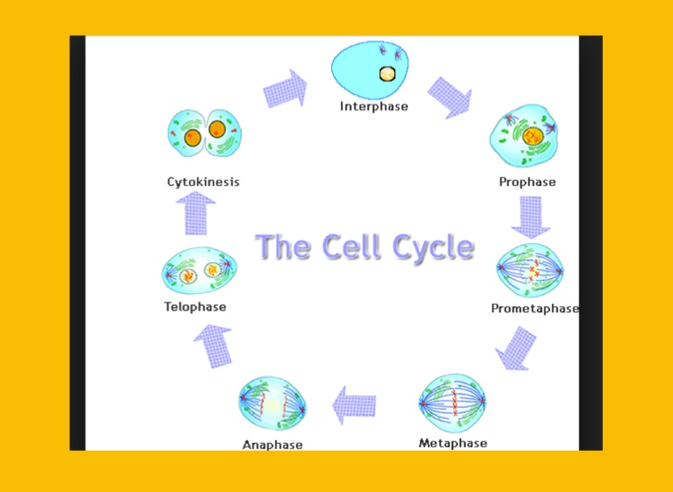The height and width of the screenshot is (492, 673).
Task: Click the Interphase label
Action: (x=374, y=107)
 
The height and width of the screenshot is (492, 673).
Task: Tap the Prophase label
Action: (x=527, y=182)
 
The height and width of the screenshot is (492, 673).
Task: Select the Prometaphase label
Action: (x=535, y=309)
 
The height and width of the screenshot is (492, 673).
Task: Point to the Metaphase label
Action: (x=452, y=443)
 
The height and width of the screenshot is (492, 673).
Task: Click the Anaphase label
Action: (x=273, y=445)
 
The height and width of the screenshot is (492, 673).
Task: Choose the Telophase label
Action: (x=195, y=307)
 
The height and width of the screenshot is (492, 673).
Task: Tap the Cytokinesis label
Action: (x=203, y=182)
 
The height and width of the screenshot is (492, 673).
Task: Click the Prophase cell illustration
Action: (x=525, y=137)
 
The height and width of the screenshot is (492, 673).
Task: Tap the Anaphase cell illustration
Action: (x=273, y=404)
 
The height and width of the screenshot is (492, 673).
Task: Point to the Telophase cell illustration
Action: (x=199, y=272)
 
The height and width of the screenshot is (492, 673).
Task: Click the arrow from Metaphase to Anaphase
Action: (x=354, y=405)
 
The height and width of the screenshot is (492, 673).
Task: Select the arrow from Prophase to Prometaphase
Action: (x=530, y=217)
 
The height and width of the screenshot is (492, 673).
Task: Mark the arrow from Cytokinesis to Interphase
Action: (x=286, y=89)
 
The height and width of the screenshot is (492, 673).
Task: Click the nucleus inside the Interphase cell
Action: (x=386, y=75)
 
